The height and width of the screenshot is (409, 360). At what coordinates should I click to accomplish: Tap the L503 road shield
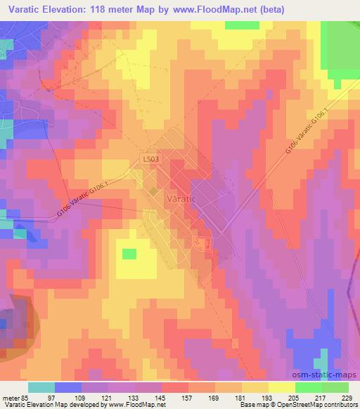pos(150,160)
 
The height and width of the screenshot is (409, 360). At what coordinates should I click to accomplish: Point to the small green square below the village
pos(130,253)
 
